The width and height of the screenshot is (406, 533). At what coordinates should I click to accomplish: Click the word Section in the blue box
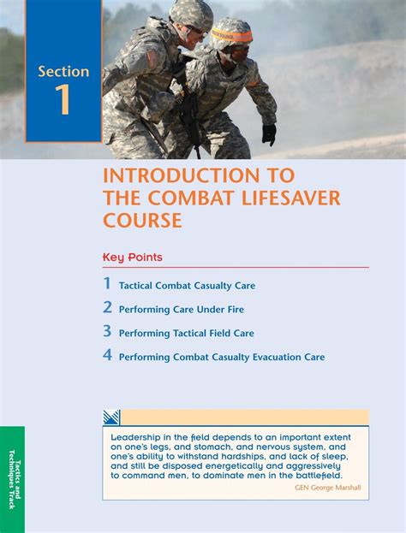point(63,71)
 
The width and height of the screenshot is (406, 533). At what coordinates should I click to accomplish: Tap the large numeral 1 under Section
point(63,99)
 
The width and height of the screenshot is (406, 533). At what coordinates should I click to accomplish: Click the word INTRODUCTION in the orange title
point(181,175)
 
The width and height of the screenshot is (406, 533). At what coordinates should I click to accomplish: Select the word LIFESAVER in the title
point(291,198)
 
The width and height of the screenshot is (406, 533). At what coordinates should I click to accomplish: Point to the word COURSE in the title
point(142,220)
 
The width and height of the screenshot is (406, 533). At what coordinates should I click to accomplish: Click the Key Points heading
point(133,258)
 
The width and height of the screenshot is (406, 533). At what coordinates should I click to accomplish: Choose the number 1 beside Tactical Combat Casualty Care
point(108,283)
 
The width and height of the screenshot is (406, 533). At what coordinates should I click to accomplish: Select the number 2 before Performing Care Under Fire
point(108,307)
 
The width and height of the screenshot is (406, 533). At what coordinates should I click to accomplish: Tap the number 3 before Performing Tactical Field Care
point(108,331)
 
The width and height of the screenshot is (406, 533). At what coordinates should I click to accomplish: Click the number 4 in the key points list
point(108,355)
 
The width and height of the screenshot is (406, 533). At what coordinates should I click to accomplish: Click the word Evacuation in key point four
point(281,357)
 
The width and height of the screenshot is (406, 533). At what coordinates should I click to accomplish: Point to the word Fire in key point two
point(236,310)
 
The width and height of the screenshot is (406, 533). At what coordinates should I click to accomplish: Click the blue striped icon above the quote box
point(111,418)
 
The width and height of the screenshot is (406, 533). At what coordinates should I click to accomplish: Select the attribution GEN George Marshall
point(328,488)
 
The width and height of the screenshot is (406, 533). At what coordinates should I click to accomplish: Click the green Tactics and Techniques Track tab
point(12,479)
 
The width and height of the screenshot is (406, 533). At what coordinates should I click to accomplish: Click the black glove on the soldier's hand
point(269,134)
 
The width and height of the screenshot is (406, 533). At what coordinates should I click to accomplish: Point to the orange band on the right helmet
point(232,35)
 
